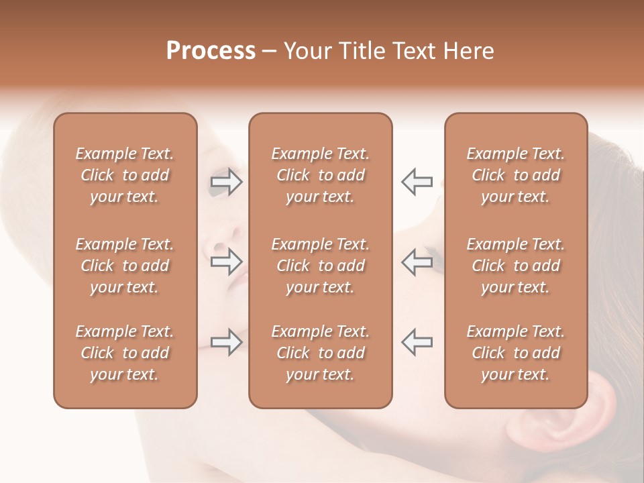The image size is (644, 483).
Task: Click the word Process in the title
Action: click(211, 51)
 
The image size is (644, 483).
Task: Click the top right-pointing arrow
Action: click(226, 182)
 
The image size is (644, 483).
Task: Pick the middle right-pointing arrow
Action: click(226, 262)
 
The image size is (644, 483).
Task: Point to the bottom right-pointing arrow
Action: click(226, 342)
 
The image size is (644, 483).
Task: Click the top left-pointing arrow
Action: click(417, 182)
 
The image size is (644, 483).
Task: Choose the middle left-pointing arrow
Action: click(417, 262)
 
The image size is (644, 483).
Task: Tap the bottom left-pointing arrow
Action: click(417, 342)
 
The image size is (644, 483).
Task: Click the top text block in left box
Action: click(125, 175)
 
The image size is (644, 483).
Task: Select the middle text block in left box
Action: click(125, 266)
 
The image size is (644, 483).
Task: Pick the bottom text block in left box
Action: click(125, 353)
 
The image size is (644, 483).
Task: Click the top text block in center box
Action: click(320, 175)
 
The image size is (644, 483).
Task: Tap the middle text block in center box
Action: click(320, 266)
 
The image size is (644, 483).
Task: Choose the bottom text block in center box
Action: click(320, 353)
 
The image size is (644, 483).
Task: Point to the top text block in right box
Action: click(515, 175)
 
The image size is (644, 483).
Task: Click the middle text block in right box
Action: click(515, 266)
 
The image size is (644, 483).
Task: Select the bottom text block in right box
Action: click(515, 353)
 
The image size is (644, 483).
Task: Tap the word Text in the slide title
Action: click(415, 51)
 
